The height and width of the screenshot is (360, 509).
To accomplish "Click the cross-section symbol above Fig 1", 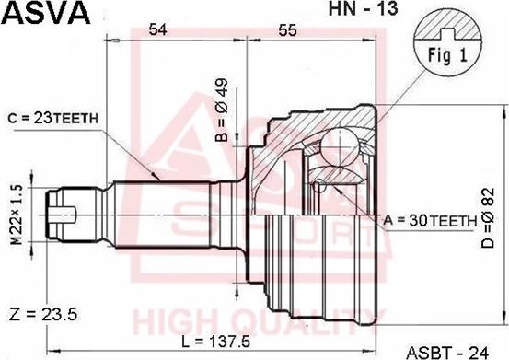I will [x=448, y=25].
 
